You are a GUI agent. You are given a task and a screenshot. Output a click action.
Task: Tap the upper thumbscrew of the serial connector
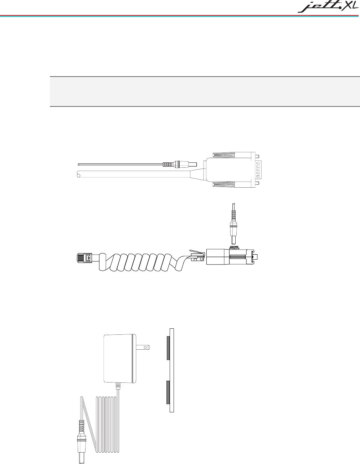[235, 156]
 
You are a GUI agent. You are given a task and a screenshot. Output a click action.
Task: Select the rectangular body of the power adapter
[118, 358]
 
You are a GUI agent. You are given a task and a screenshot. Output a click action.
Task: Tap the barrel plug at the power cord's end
[82, 448]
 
